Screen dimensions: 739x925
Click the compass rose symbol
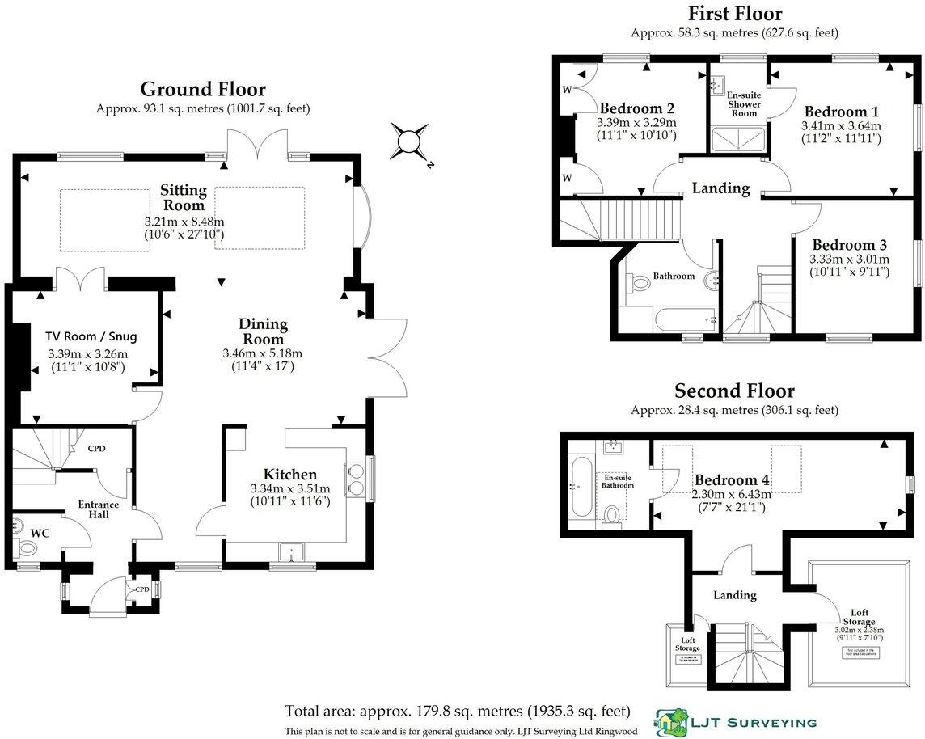point(410,141)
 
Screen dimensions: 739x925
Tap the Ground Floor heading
point(202,89)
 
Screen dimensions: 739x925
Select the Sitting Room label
point(183,198)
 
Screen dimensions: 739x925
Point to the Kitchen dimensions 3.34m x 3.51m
point(289,489)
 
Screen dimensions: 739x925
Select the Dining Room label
point(263,332)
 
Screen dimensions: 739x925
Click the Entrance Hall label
point(98,510)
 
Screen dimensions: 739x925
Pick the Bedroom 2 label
point(637,108)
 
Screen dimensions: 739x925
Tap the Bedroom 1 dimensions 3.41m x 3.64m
point(841,126)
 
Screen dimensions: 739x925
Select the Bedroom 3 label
point(850,245)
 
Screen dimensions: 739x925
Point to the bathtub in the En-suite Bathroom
point(581,487)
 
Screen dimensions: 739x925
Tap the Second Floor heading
point(734,392)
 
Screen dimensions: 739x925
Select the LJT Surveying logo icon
point(669,722)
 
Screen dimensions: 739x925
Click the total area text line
point(457,712)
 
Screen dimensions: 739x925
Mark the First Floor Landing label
point(720,188)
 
